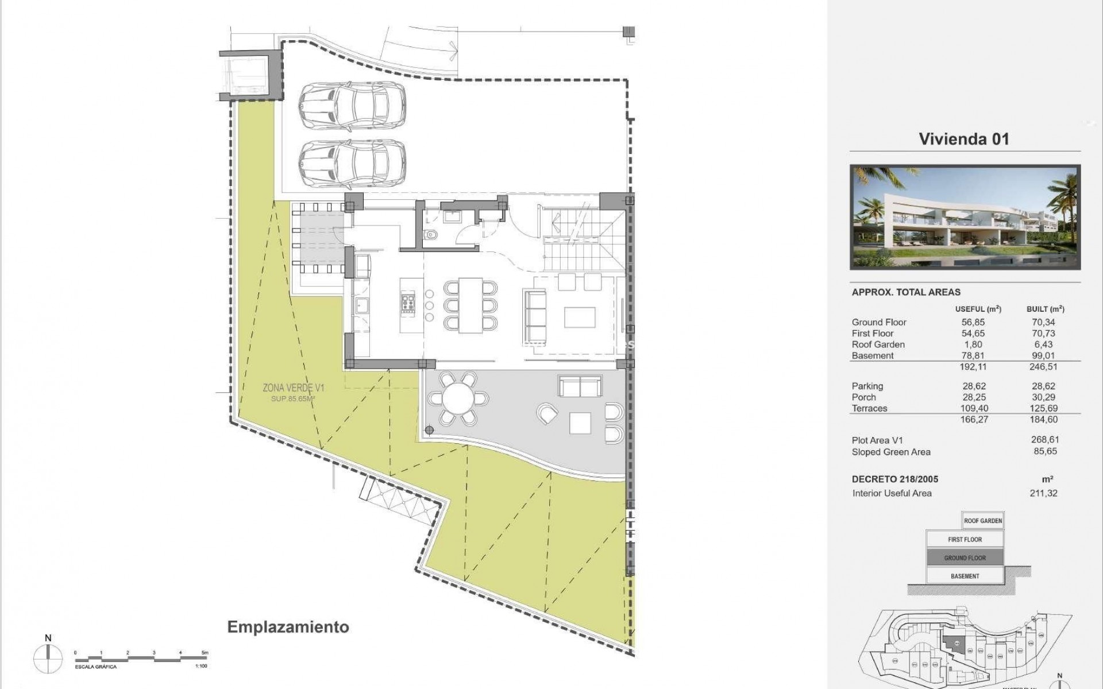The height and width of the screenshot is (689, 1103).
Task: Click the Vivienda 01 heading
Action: coord(963,139)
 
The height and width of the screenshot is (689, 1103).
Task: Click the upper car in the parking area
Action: coord(352,107)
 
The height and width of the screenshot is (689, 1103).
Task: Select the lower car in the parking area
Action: coord(352,164)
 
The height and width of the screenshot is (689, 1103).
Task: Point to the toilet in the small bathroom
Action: coord(431,234)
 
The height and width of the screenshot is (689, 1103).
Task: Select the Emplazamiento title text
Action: coord(288,626)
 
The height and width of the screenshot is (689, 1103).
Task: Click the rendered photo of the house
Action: coord(965,218)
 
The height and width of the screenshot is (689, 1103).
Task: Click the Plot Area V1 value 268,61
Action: coord(1044,440)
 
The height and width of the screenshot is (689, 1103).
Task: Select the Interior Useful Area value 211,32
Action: coord(1044,493)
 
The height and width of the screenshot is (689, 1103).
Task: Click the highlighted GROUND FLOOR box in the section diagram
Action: coord(965,558)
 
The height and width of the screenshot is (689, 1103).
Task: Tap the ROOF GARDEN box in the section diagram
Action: coord(982,521)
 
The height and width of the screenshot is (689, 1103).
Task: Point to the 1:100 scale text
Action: coord(201,667)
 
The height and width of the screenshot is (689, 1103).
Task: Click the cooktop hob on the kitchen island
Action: coord(408,303)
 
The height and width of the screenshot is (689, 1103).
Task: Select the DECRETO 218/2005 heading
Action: coord(895,479)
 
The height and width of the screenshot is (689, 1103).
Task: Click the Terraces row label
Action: coord(869,408)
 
